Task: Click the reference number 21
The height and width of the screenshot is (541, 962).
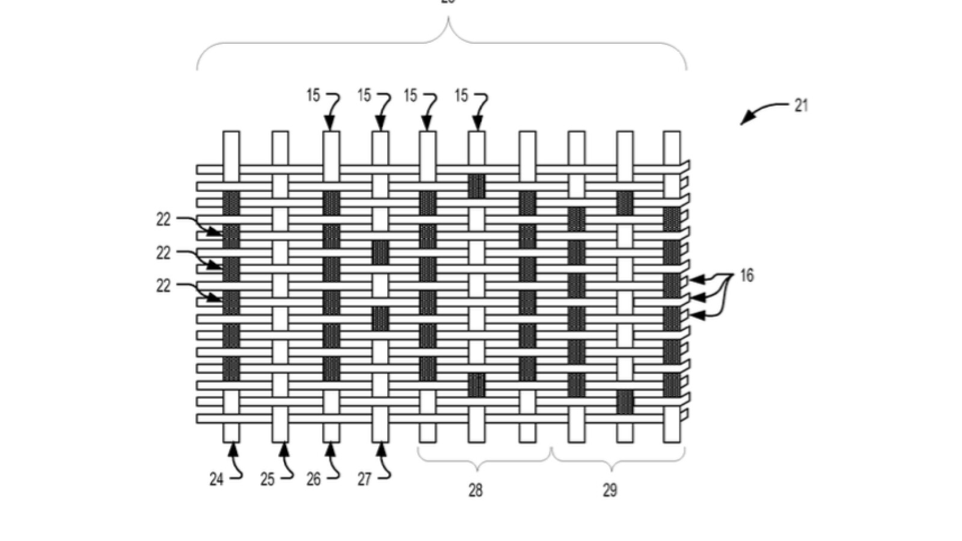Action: coord(801,106)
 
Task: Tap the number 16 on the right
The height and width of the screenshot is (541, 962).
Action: coord(746,276)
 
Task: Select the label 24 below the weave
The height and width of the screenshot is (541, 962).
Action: coord(216,479)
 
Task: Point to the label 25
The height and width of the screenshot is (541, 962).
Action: coord(268,479)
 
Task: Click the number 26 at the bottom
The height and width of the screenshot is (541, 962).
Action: coord(313,479)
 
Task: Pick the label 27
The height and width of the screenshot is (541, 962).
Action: coord(364,479)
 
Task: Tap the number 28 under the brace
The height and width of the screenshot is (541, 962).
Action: coord(475,491)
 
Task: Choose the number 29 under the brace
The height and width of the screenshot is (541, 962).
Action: coord(610,491)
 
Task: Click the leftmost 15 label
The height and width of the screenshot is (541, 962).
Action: coord(313,96)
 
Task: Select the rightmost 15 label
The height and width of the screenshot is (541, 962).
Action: coord(461,96)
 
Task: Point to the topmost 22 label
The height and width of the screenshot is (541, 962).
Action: coord(164,220)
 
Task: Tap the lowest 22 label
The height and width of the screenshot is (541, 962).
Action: coord(164,286)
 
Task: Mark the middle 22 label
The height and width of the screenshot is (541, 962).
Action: coord(164,254)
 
